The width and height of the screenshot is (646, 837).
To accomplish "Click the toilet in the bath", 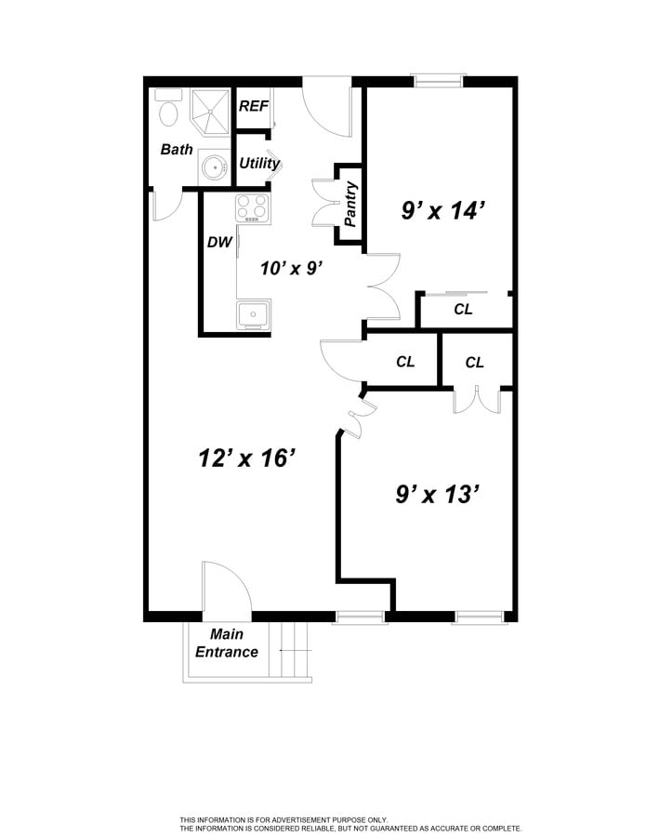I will [x=168, y=109].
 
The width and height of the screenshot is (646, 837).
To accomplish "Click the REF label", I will [x=253, y=106].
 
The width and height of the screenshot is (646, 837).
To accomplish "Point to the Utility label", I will [x=259, y=164].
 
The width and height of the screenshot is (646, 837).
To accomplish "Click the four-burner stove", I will [x=252, y=206].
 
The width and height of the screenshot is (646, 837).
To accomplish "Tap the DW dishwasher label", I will [x=219, y=243].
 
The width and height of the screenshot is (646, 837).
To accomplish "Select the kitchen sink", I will [x=253, y=315].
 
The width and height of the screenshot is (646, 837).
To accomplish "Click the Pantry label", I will [x=350, y=206].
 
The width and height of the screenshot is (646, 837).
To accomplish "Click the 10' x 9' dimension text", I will [x=291, y=269].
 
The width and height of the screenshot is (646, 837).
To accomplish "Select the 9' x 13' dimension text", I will [x=437, y=494].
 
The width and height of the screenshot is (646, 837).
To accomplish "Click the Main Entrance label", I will [x=227, y=644].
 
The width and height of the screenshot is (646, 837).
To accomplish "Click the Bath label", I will [x=177, y=149].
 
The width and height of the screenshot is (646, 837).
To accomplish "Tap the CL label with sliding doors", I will [x=463, y=310].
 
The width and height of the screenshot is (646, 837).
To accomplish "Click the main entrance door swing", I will [x=226, y=590].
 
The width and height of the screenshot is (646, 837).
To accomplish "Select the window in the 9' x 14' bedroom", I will [x=438, y=82].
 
